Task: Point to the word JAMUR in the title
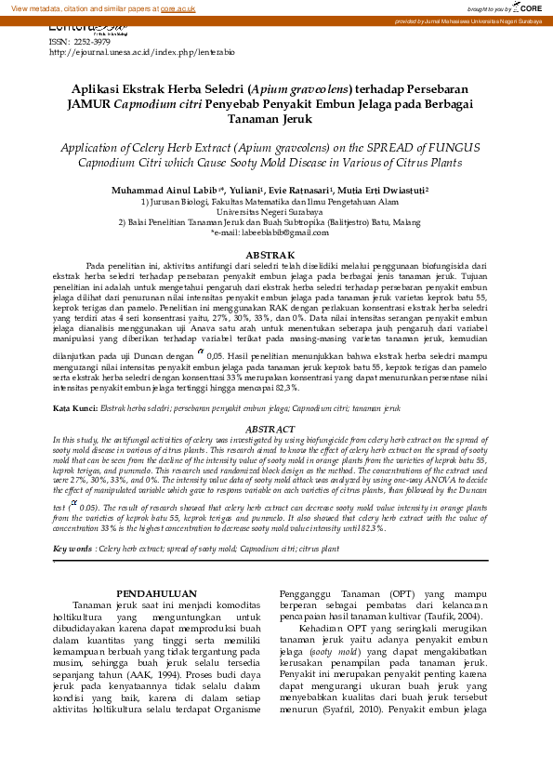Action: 89,104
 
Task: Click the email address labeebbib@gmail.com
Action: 284,233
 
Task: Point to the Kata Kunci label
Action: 74,408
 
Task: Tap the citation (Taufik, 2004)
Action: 453,642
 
